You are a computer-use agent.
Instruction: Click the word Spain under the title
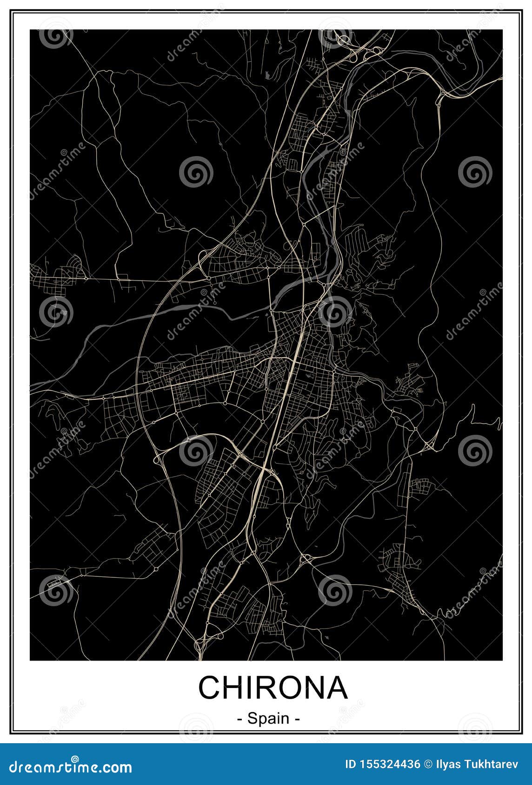[268, 719]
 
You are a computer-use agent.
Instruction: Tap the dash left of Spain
[240, 720]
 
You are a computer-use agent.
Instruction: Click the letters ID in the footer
[350, 765]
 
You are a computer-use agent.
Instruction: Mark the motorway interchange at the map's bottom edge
[201, 645]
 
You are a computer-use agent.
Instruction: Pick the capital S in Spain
[253, 719]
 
